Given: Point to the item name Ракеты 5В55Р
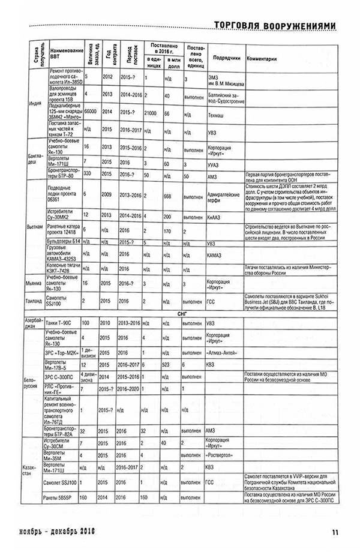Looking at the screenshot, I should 63,497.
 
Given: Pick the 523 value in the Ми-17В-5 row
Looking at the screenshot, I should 169,364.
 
